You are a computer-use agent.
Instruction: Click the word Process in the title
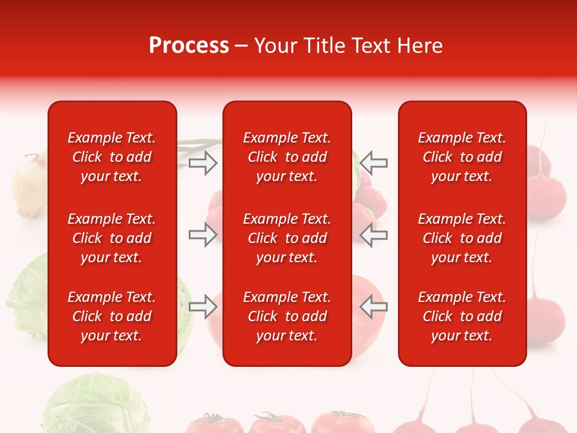[x=189, y=46]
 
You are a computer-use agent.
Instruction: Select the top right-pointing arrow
[x=203, y=163]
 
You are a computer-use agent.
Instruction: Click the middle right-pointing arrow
[x=203, y=235]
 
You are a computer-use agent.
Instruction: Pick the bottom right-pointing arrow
[x=203, y=306]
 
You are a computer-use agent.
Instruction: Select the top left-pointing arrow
[x=374, y=163]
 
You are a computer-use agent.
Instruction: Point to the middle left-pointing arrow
[x=374, y=235]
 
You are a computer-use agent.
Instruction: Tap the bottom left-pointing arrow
[x=374, y=306]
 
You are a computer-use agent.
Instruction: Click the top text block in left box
[x=112, y=157]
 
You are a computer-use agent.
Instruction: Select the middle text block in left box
[x=112, y=238]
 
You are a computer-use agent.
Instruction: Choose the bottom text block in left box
[x=112, y=316]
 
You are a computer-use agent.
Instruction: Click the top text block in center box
[x=287, y=157]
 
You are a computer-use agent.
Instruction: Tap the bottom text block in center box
[x=287, y=316]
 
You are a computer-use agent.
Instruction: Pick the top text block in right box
[x=462, y=157]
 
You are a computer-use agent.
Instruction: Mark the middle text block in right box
[x=462, y=238]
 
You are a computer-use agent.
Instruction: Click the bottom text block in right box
[x=462, y=316]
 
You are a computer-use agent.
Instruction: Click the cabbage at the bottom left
[x=96, y=406]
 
